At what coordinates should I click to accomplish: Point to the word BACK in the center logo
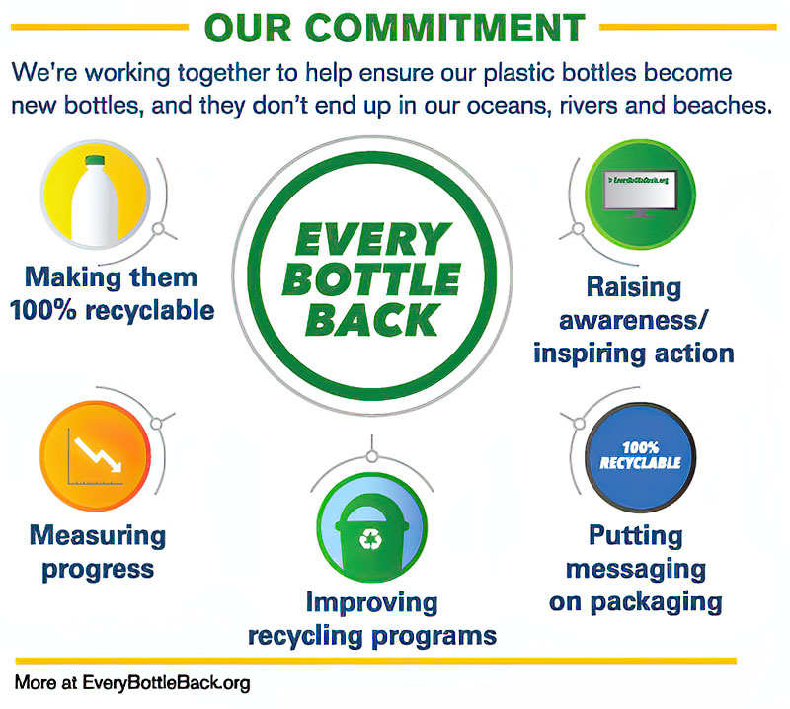[x=373, y=320]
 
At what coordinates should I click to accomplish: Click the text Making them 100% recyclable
[x=112, y=293]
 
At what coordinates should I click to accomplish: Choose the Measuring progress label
[x=96, y=552]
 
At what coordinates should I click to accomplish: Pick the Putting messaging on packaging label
[x=635, y=568]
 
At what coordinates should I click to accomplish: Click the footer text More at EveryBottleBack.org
[x=131, y=682]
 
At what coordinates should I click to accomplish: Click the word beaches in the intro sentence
[x=715, y=106]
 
